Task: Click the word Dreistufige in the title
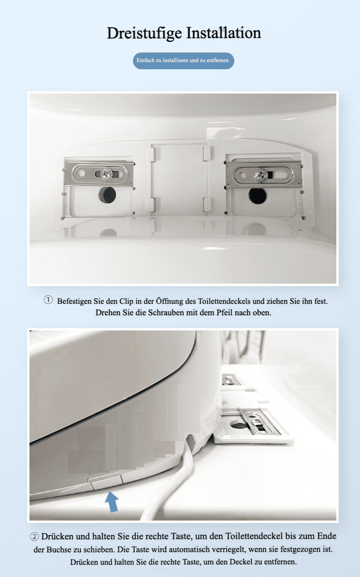click(144, 33)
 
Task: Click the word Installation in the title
click(223, 33)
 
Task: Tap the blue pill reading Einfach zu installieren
click(183, 61)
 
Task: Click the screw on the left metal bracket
click(106, 173)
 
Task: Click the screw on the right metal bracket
click(260, 174)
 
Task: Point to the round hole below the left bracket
click(107, 195)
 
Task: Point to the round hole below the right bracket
click(257, 196)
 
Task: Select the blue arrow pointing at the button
click(112, 501)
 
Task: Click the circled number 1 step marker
click(48, 300)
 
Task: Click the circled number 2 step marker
click(35, 537)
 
